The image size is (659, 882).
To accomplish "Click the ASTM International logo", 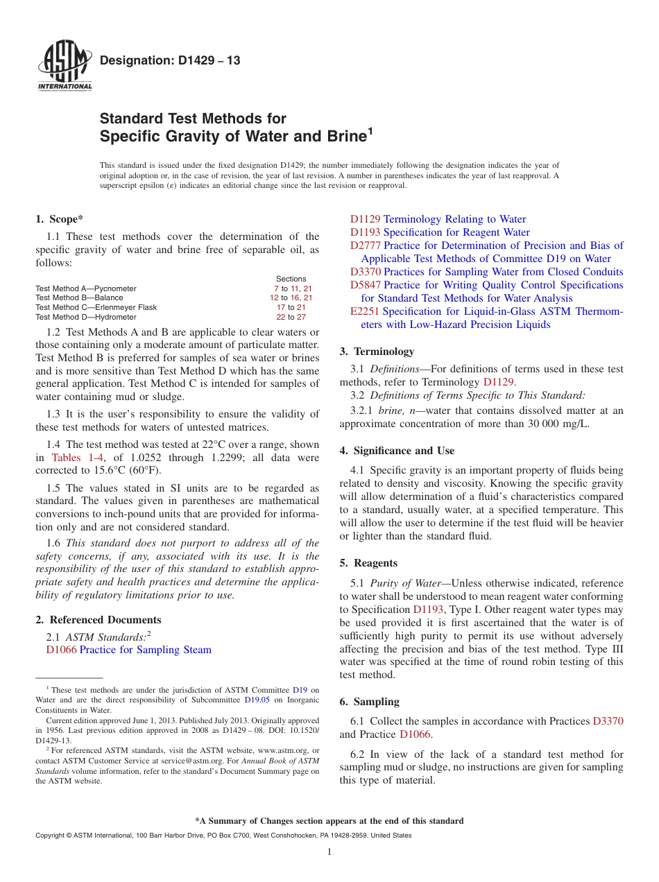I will (65, 67).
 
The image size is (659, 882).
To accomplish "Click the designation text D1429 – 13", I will (170, 60).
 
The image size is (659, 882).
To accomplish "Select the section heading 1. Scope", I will (60, 219).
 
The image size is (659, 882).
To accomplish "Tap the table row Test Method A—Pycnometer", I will (86, 288).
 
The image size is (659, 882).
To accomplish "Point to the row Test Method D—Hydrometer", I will (86, 317).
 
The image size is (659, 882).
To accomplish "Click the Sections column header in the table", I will (291, 279).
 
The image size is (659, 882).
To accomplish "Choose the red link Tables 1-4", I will (76, 458).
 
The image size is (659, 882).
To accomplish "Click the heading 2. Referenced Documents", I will (99, 620).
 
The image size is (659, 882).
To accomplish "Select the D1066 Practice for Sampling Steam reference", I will (128, 650).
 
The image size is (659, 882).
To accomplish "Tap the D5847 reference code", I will (365, 285).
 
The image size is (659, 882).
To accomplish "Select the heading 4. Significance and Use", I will (397, 451).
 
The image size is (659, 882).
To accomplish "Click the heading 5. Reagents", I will (368, 563).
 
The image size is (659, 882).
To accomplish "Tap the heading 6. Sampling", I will (369, 702).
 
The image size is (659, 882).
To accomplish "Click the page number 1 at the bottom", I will (329, 852).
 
